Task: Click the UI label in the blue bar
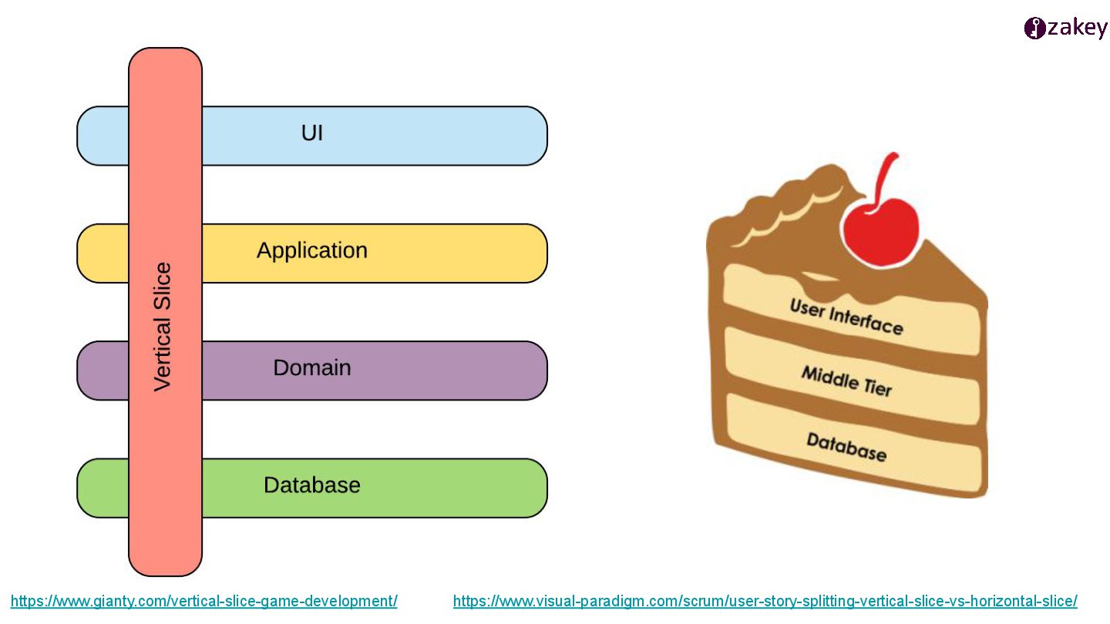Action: click(311, 133)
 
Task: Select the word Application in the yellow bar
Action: click(312, 250)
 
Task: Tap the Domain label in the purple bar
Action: click(312, 367)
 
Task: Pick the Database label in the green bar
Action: click(312, 485)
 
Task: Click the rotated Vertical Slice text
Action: click(163, 327)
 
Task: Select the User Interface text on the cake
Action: click(846, 316)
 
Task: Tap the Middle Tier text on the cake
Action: click(846, 381)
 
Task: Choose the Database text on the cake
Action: click(846, 446)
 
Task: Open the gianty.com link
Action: click(204, 602)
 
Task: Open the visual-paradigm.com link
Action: click(765, 602)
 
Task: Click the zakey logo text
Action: click(1077, 29)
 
